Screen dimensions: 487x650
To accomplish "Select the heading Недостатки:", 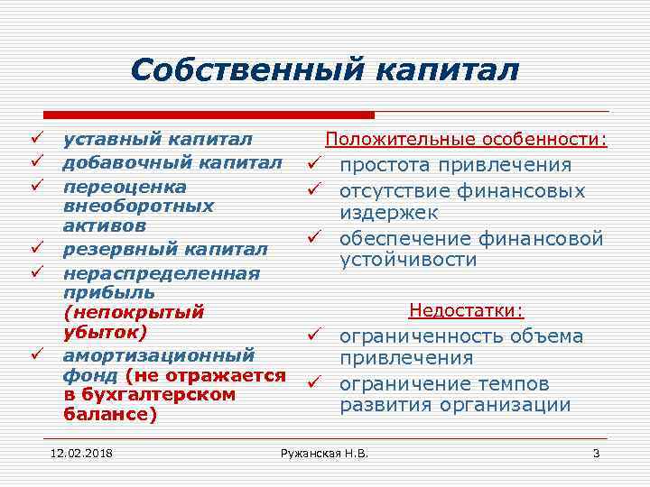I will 466,311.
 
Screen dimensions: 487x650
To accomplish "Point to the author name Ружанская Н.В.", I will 325,452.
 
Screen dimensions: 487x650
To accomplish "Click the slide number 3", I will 596,452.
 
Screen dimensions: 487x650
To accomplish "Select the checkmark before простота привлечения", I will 312,165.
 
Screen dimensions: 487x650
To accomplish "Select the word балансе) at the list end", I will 109,415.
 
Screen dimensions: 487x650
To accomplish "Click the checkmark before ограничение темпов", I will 312,383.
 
